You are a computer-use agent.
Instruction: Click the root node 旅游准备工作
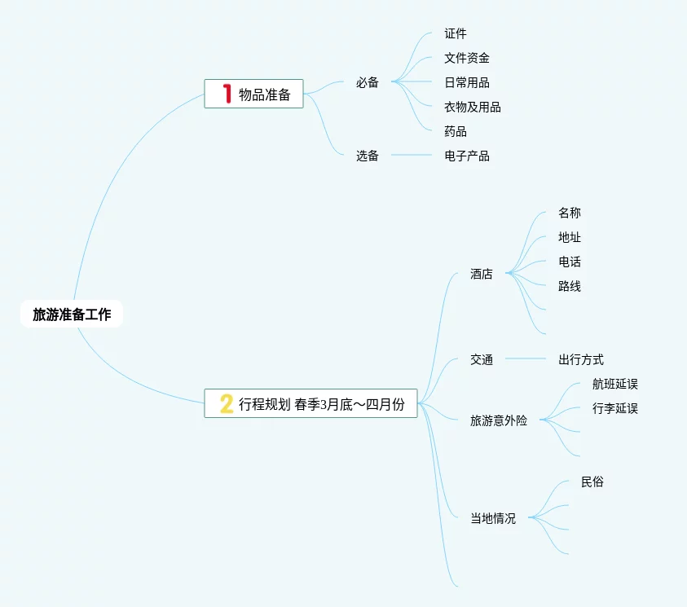tap(72, 314)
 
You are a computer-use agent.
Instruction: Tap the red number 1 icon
tap(228, 94)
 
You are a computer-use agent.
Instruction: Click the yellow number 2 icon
tap(227, 403)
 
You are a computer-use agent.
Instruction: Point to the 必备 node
tap(368, 82)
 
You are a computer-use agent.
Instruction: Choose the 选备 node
tap(368, 156)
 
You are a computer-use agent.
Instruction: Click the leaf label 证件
tap(456, 33)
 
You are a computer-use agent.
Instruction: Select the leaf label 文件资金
tap(467, 58)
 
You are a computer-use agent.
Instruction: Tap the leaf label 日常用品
tap(467, 82)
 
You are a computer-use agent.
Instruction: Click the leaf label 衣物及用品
tap(473, 107)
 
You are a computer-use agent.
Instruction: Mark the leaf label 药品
tap(456, 131)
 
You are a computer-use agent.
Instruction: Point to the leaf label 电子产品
tap(467, 156)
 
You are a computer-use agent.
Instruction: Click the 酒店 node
tap(482, 274)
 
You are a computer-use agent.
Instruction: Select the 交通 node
tap(482, 359)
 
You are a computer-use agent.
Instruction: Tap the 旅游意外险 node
tap(499, 420)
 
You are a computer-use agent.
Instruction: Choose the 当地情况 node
tap(493, 518)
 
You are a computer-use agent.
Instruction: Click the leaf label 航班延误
tap(615, 384)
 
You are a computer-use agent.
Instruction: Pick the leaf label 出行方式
tap(581, 359)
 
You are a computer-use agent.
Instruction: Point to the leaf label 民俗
tap(592, 482)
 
